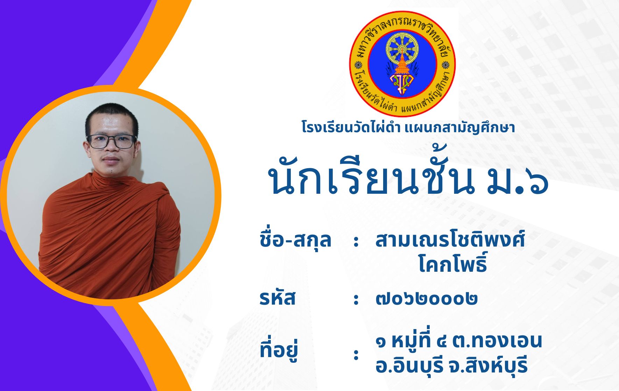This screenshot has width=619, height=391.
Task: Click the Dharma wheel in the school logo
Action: click(402, 48)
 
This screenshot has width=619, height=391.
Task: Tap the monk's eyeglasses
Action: click(112, 141)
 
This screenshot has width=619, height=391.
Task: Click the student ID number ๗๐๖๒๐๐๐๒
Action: click(427, 299)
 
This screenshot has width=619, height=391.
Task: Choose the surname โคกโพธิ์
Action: click(453, 263)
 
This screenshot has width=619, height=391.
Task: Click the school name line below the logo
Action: click(408, 127)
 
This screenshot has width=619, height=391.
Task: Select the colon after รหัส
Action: click(356, 299)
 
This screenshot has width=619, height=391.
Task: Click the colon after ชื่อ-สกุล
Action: click(356, 241)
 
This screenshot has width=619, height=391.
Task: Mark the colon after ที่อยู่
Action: click(356, 354)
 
